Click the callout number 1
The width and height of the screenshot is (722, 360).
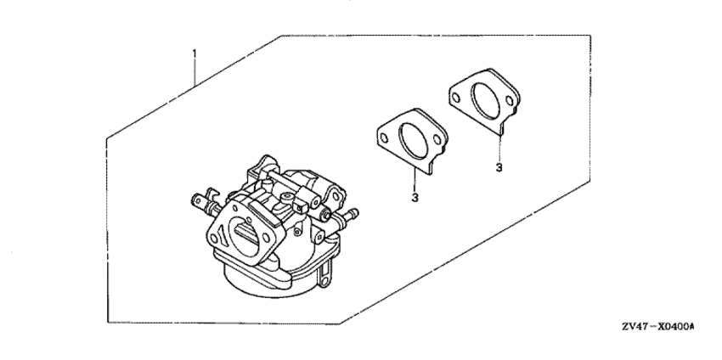[x=194, y=53]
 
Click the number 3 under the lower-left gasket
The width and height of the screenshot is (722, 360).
[x=415, y=198]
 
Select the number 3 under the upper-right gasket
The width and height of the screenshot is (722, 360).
[x=499, y=167]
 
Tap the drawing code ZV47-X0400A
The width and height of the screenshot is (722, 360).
[x=658, y=327]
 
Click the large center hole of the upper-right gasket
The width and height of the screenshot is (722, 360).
[x=486, y=100]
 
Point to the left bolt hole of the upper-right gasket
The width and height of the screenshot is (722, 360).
[x=456, y=98]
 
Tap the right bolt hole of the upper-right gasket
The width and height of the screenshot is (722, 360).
[x=510, y=100]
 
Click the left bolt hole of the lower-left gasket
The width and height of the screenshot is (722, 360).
[x=384, y=138]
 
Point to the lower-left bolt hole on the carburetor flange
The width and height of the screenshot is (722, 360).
[x=213, y=238]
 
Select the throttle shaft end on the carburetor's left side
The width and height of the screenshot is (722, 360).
[x=199, y=200]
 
